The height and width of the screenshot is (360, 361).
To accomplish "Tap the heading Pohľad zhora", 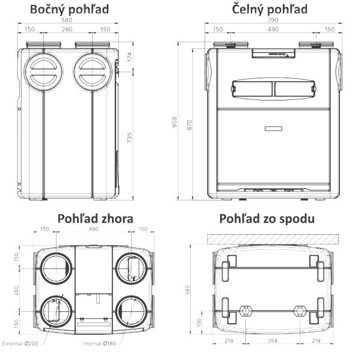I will coord(95,218).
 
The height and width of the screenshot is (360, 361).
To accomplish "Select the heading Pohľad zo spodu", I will coord(267,218).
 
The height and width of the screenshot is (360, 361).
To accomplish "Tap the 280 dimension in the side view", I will coord(68,29).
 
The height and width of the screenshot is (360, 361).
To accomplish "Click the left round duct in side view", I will coord(44,71).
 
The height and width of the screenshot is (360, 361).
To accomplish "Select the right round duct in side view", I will coord(91,71).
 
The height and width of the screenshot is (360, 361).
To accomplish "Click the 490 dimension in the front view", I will coord(273,29).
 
